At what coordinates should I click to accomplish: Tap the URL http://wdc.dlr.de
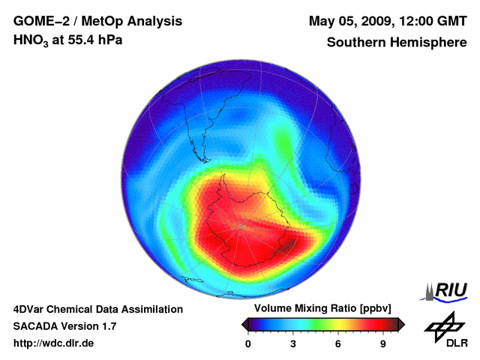point(53,343)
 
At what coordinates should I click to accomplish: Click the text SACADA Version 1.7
point(64,326)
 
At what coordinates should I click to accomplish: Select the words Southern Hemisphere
point(397,43)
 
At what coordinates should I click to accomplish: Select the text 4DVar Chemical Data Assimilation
point(98,309)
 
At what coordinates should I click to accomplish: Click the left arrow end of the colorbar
point(244,324)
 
